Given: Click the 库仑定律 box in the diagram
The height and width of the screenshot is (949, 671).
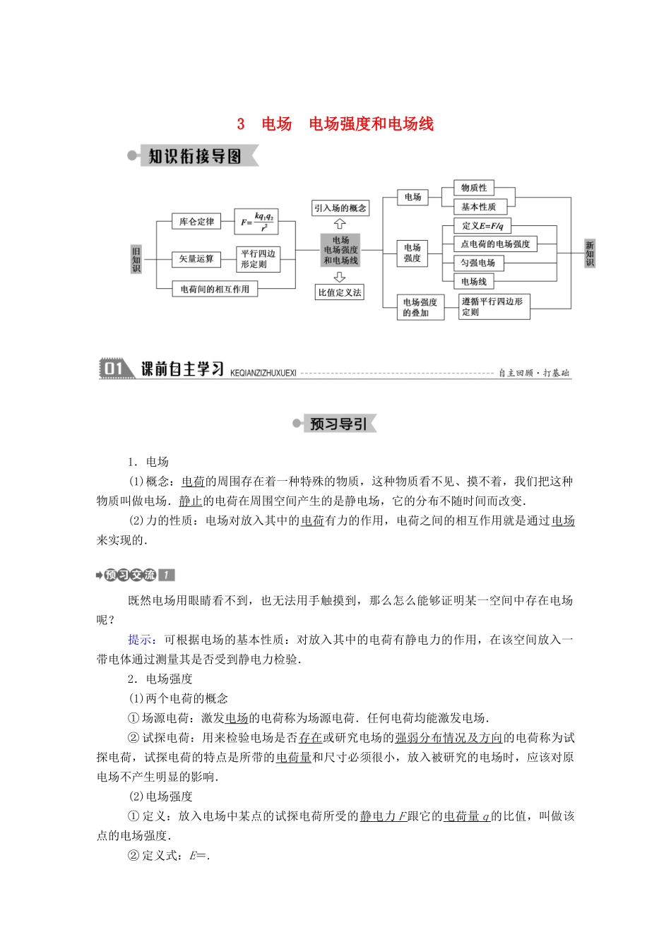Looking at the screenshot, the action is [196, 222].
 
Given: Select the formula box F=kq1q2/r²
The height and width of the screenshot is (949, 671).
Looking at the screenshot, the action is [256, 221].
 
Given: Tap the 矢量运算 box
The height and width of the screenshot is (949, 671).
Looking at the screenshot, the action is [196, 259].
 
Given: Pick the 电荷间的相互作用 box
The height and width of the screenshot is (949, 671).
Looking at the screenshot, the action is [215, 289].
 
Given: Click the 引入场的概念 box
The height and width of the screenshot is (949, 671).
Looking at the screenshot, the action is [340, 208].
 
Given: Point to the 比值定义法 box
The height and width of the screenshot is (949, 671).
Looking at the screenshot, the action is [340, 292].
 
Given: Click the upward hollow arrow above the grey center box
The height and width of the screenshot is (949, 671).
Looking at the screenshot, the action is [340, 224].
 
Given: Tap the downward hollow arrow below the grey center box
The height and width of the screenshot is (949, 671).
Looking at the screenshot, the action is [340, 277].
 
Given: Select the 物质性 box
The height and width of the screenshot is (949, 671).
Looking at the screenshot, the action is [474, 188].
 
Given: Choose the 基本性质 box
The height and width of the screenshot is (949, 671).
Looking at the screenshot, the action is [479, 207].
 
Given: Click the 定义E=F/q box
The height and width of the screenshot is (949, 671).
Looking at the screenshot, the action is [482, 226].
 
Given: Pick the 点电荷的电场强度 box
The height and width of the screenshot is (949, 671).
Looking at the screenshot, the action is [495, 244].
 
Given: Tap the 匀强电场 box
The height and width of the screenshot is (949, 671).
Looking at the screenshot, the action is [478, 263].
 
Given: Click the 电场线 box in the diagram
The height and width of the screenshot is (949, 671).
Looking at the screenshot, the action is [474, 282].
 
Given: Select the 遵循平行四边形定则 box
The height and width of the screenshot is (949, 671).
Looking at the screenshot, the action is [492, 306].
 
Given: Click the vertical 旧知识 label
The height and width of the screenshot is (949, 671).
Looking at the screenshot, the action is [136, 259].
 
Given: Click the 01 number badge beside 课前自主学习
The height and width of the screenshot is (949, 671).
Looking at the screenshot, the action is [114, 369].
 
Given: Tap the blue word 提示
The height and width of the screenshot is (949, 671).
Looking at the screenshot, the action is [141, 640].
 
